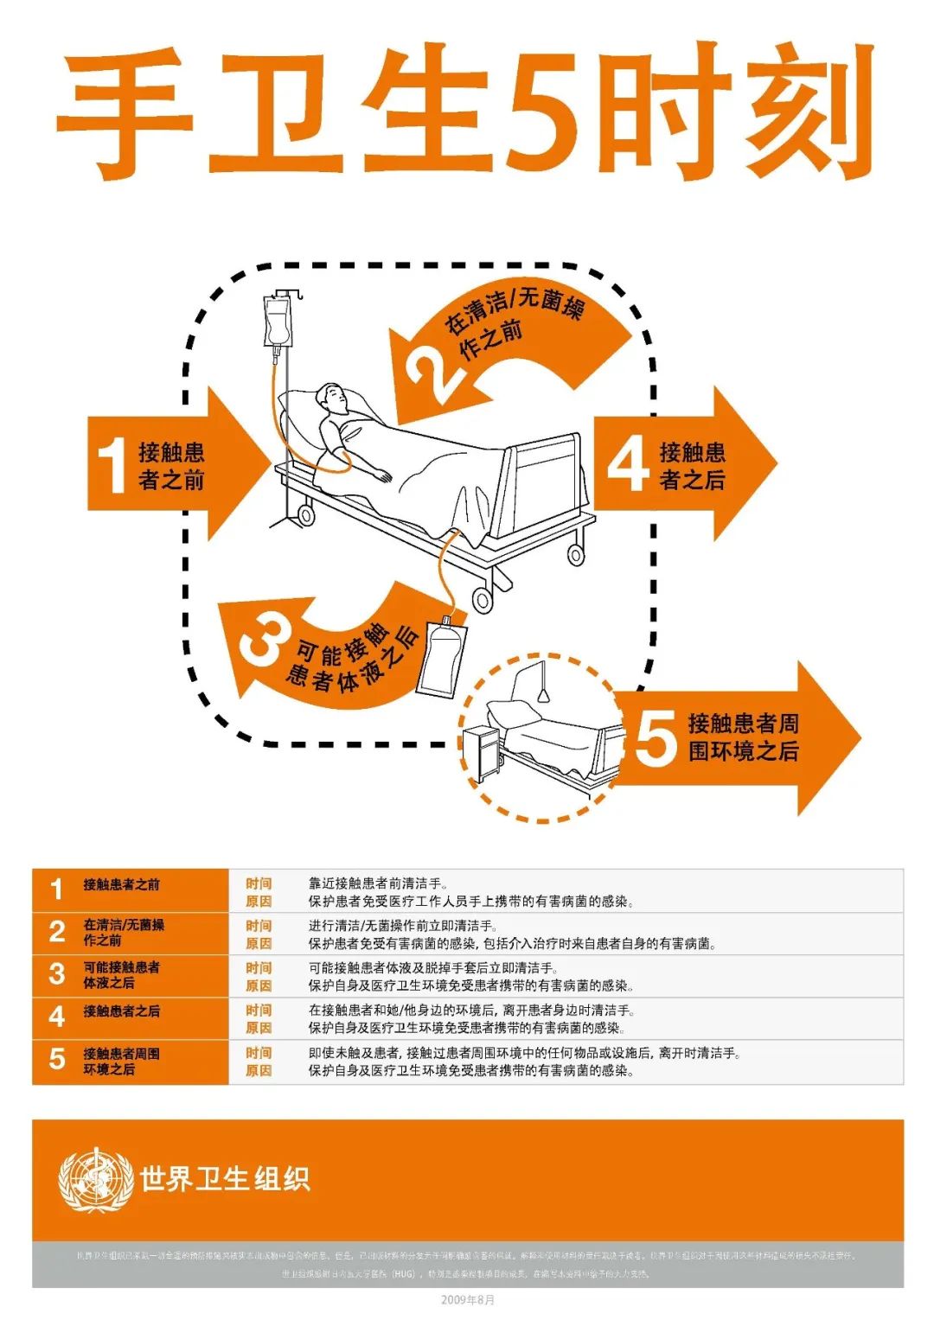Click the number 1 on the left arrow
click(112, 466)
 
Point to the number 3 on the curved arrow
click(261, 641)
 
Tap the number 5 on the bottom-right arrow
click(656, 737)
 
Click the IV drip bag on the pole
click(278, 323)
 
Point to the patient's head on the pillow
click(333, 399)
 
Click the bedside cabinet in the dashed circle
click(482, 750)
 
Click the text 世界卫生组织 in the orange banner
click(225, 1179)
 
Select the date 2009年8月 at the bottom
click(468, 1300)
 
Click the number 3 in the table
click(57, 974)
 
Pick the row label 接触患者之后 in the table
click(121, 1011)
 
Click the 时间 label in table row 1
click(258, 883)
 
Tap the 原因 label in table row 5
click(258, 1070)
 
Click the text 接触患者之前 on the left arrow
click(170, 466)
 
